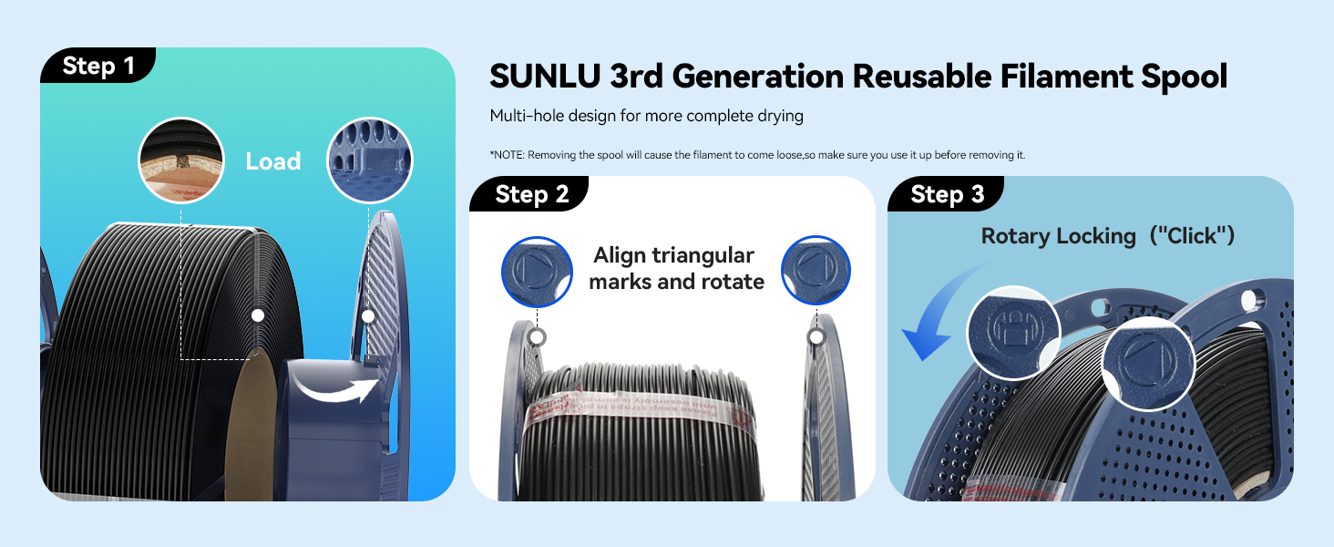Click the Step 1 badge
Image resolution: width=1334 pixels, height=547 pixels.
tap(98, 66)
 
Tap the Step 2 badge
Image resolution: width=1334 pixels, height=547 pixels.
tap(531, 194)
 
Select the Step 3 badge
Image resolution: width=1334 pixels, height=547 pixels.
tap(948, 194)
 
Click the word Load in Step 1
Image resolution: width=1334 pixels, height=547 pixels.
tap(273, 161)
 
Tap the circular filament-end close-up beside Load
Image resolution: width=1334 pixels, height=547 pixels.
tap(180, 161)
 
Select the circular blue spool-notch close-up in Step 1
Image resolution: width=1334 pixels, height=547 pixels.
tap(370, 161)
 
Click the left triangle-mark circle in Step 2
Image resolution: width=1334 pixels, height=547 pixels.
tap(537, 271)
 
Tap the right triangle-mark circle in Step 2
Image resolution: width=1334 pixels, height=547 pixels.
tap(816, 271)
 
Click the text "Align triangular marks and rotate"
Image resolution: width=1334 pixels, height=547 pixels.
tap(676, 268)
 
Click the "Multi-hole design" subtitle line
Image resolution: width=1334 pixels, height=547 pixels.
tap(646, 116)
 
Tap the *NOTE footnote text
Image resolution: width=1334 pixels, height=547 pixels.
tap(757, 155)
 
